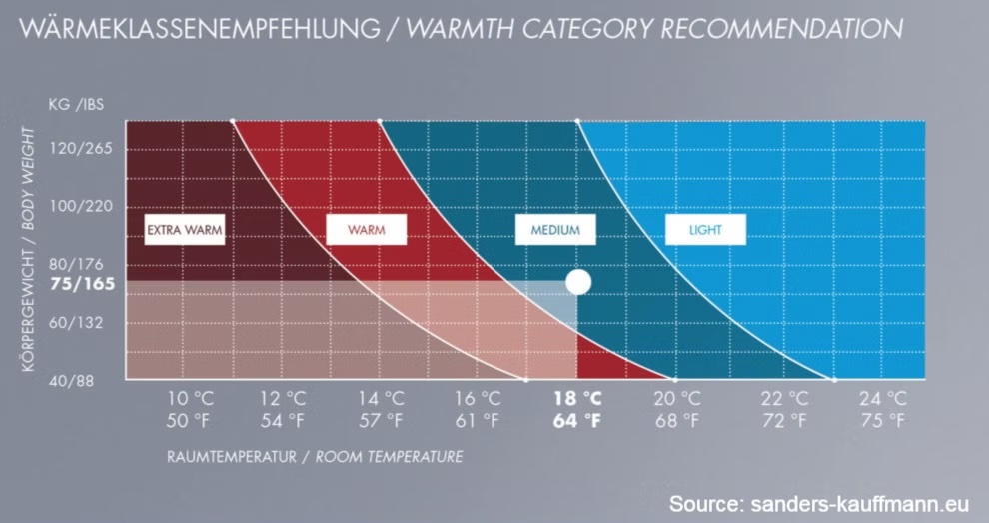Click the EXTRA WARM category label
click(184, 230)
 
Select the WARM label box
click(366, 230)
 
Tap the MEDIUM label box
click(555, 230)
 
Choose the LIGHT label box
click(705, 230)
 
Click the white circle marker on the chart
click(578, 282)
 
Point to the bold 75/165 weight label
click(83, 284)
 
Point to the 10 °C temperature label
click(190, 399)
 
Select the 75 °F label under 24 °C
click(882, 420)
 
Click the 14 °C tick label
click(382, 399)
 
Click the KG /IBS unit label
click(75, 103)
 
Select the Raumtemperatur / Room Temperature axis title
click(314, 457)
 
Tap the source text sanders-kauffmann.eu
click(819, 502)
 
